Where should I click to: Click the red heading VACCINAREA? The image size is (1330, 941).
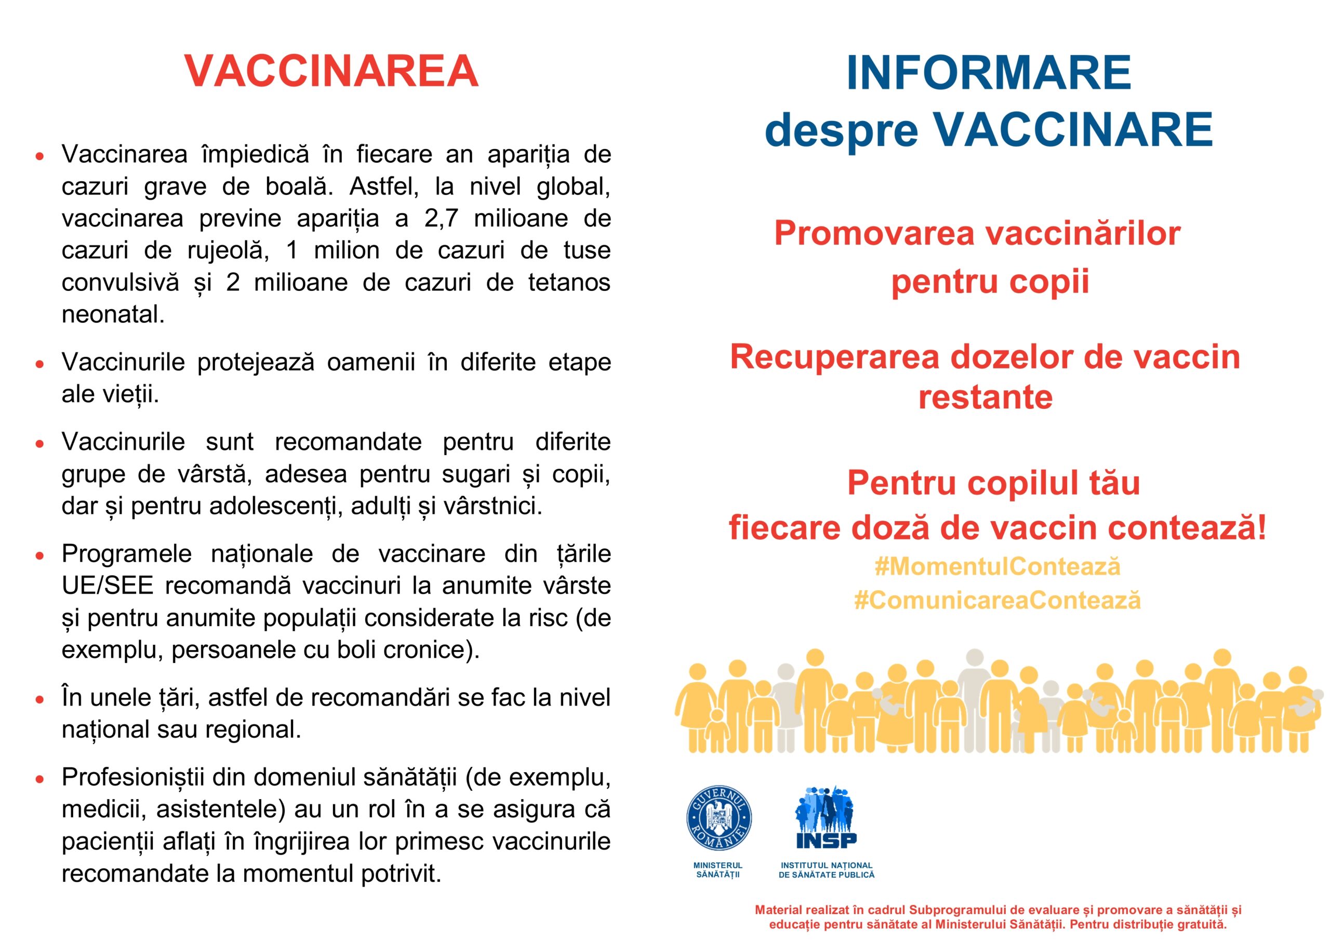[331, 71]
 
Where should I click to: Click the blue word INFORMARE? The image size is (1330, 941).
[988, 73]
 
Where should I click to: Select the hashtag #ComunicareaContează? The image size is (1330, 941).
[997, 600]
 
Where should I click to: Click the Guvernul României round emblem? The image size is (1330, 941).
[719, 819]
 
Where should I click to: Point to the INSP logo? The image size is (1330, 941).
[826, 817]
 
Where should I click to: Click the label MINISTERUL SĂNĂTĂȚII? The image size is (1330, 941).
[717, 870]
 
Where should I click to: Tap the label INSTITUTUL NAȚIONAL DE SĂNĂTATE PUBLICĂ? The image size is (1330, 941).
[826, 870]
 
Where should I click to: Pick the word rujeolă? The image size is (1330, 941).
[228, 251]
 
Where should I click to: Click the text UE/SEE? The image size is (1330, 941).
[107, 586]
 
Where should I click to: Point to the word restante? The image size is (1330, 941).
[985, 397]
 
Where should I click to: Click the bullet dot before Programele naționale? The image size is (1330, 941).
[39, 555]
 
